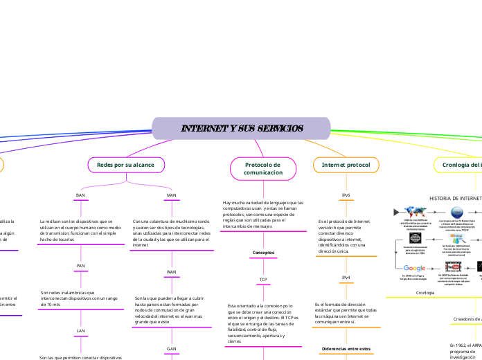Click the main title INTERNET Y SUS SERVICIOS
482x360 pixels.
coord(241,129)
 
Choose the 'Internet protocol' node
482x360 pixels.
coord(346,165)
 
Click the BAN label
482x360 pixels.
coord(80,195)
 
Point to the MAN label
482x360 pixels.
coord(172,195)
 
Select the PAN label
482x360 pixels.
coord(80,266)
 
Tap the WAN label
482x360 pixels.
coord(172,272)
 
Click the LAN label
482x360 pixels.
coord(80,331)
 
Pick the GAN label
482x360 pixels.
coord(172,348)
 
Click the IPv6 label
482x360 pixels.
coord(346,195)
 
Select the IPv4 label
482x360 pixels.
coord(346,278)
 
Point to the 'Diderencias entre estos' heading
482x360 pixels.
coord(346,348)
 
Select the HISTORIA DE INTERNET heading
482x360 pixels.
coord(455,198)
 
